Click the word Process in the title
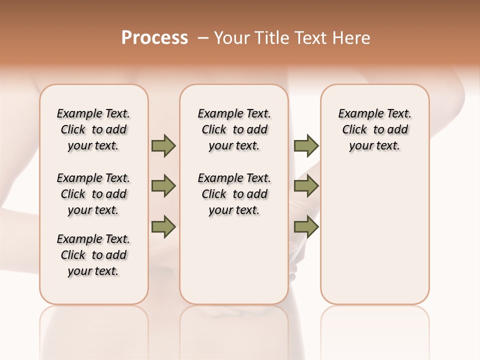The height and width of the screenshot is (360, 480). pyautogui.click(x=154, y=37)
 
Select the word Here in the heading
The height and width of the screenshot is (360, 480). pyautogui.click(x=351, y=37)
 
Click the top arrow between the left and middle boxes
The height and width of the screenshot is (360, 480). pyautogui.click(x=163, y=145)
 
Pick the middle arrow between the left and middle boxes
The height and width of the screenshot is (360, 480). pyautogui.click(x=163, y=186)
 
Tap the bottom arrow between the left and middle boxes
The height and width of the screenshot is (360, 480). pyautogui.click(x=163, y=226)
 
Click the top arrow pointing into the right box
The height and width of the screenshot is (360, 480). pyautogui.click(x=306, y=145)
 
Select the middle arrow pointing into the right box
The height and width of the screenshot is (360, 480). pyautogui.click(x=306, y=186)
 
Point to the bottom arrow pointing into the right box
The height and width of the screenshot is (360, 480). pyautogui.click(x=306, y=226)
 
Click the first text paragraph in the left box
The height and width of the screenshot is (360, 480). pyautogui.click(x=93, y=129)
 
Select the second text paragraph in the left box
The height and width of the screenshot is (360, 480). pyautogui.click(x=93, y=194)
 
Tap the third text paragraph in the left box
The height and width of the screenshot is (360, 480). pyautogui.click(x=93, y=255)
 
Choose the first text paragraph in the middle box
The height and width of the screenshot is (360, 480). pyautogui.click(x=234, y=129)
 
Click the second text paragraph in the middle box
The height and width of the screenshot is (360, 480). pyautogui.click(x=234, y=194)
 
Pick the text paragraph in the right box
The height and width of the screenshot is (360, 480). pyautogui.click(x=374, y=129)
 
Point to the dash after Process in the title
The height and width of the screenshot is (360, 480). pyautogui.click(x=203, y=37)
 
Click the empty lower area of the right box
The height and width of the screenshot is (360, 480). pyautogui.click(x=374, y=240)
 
